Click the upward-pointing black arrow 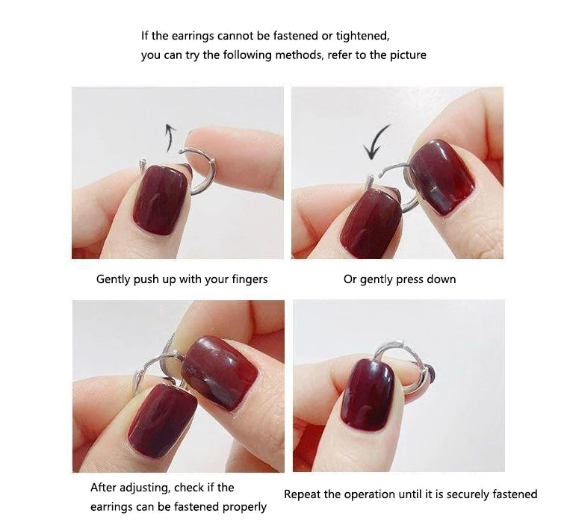click(170, 137)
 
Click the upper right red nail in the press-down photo click(441, 176)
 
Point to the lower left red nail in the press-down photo click(369, 223)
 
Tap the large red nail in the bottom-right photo click(368, 394)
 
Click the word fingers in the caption click(248, 279)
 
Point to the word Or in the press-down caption click(350, 279)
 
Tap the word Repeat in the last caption click(302, 494)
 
